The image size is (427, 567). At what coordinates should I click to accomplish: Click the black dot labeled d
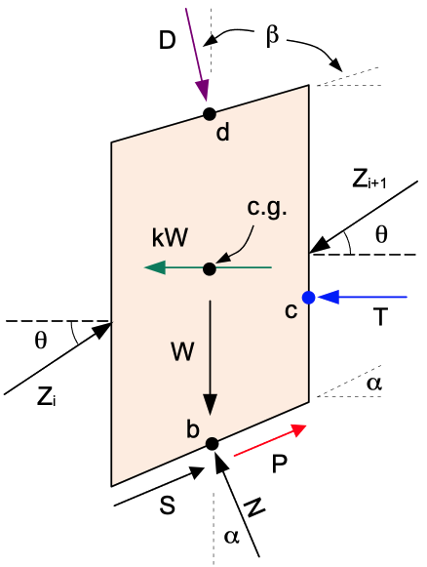(x=210, y=114)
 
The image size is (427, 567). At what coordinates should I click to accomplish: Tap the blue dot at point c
(x=308, y=298)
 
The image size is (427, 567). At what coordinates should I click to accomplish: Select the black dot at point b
(x=213, y=444)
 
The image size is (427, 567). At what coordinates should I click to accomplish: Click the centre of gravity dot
(x=210, y=269)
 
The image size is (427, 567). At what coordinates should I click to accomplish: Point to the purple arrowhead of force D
(x=203, y=91)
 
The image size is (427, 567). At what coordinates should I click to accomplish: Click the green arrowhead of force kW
(x=155, y=267)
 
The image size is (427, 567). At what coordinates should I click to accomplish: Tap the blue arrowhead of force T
(x=328, y=297)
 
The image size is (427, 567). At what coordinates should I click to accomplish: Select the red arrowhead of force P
(x=297, y=430)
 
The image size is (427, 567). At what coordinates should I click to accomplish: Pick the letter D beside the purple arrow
(x=168, y=40)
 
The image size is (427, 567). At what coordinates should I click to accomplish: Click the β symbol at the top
(x=272, y=37)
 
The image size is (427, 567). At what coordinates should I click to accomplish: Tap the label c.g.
(x=267, y=209)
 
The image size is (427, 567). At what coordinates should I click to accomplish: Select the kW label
(x=170, y=238)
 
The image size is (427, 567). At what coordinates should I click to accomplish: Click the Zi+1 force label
(x=369, y=181)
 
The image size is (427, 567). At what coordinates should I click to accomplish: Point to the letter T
(x=380, y=317)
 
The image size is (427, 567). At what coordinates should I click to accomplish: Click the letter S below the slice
(x=168, y=505)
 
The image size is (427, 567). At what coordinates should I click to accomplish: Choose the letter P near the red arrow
(x=279, y=464)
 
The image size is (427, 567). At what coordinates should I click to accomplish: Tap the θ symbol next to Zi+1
(x=381, y=234)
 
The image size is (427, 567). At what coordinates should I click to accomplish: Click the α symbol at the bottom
(x=232, y=537)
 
